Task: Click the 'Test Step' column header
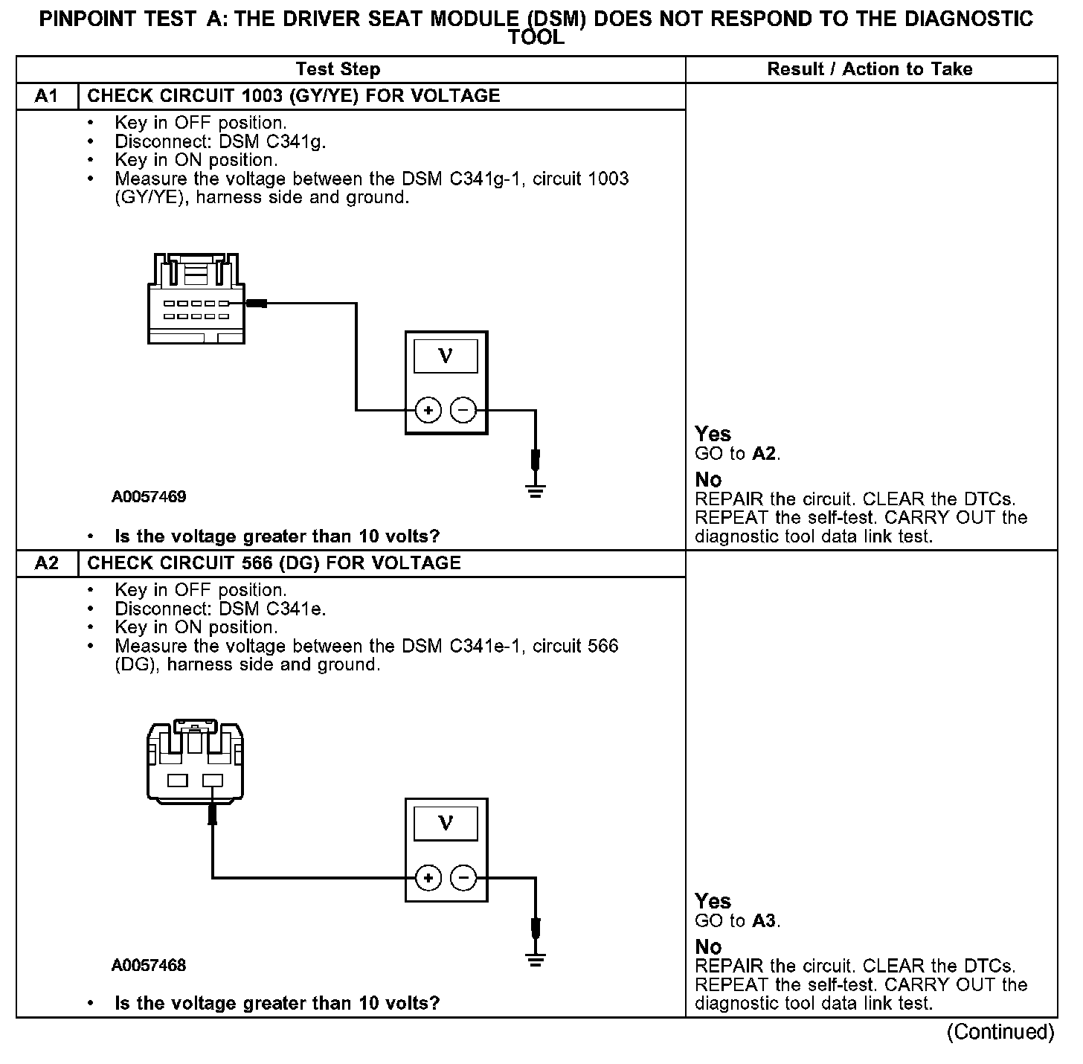pos(338,69)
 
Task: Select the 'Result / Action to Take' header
pos(870,69)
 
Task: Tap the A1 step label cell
pos(46,96)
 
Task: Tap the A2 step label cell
pos(46,563)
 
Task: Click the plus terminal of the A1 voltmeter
pos(428,410)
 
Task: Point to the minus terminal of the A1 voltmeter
pos(463,410)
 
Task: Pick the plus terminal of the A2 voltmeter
pos(428,878)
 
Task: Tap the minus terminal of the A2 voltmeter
pos(463,878)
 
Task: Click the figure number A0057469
pos(149,496)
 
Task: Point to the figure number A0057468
pos(149,965)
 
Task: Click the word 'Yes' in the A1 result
pos(713,434)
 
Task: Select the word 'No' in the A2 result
pos(708,946)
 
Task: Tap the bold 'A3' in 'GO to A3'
pos(764,921)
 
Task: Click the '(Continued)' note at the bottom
pos(1000,1032)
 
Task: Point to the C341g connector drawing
pos(196,298)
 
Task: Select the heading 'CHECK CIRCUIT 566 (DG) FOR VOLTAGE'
pos(274,563)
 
